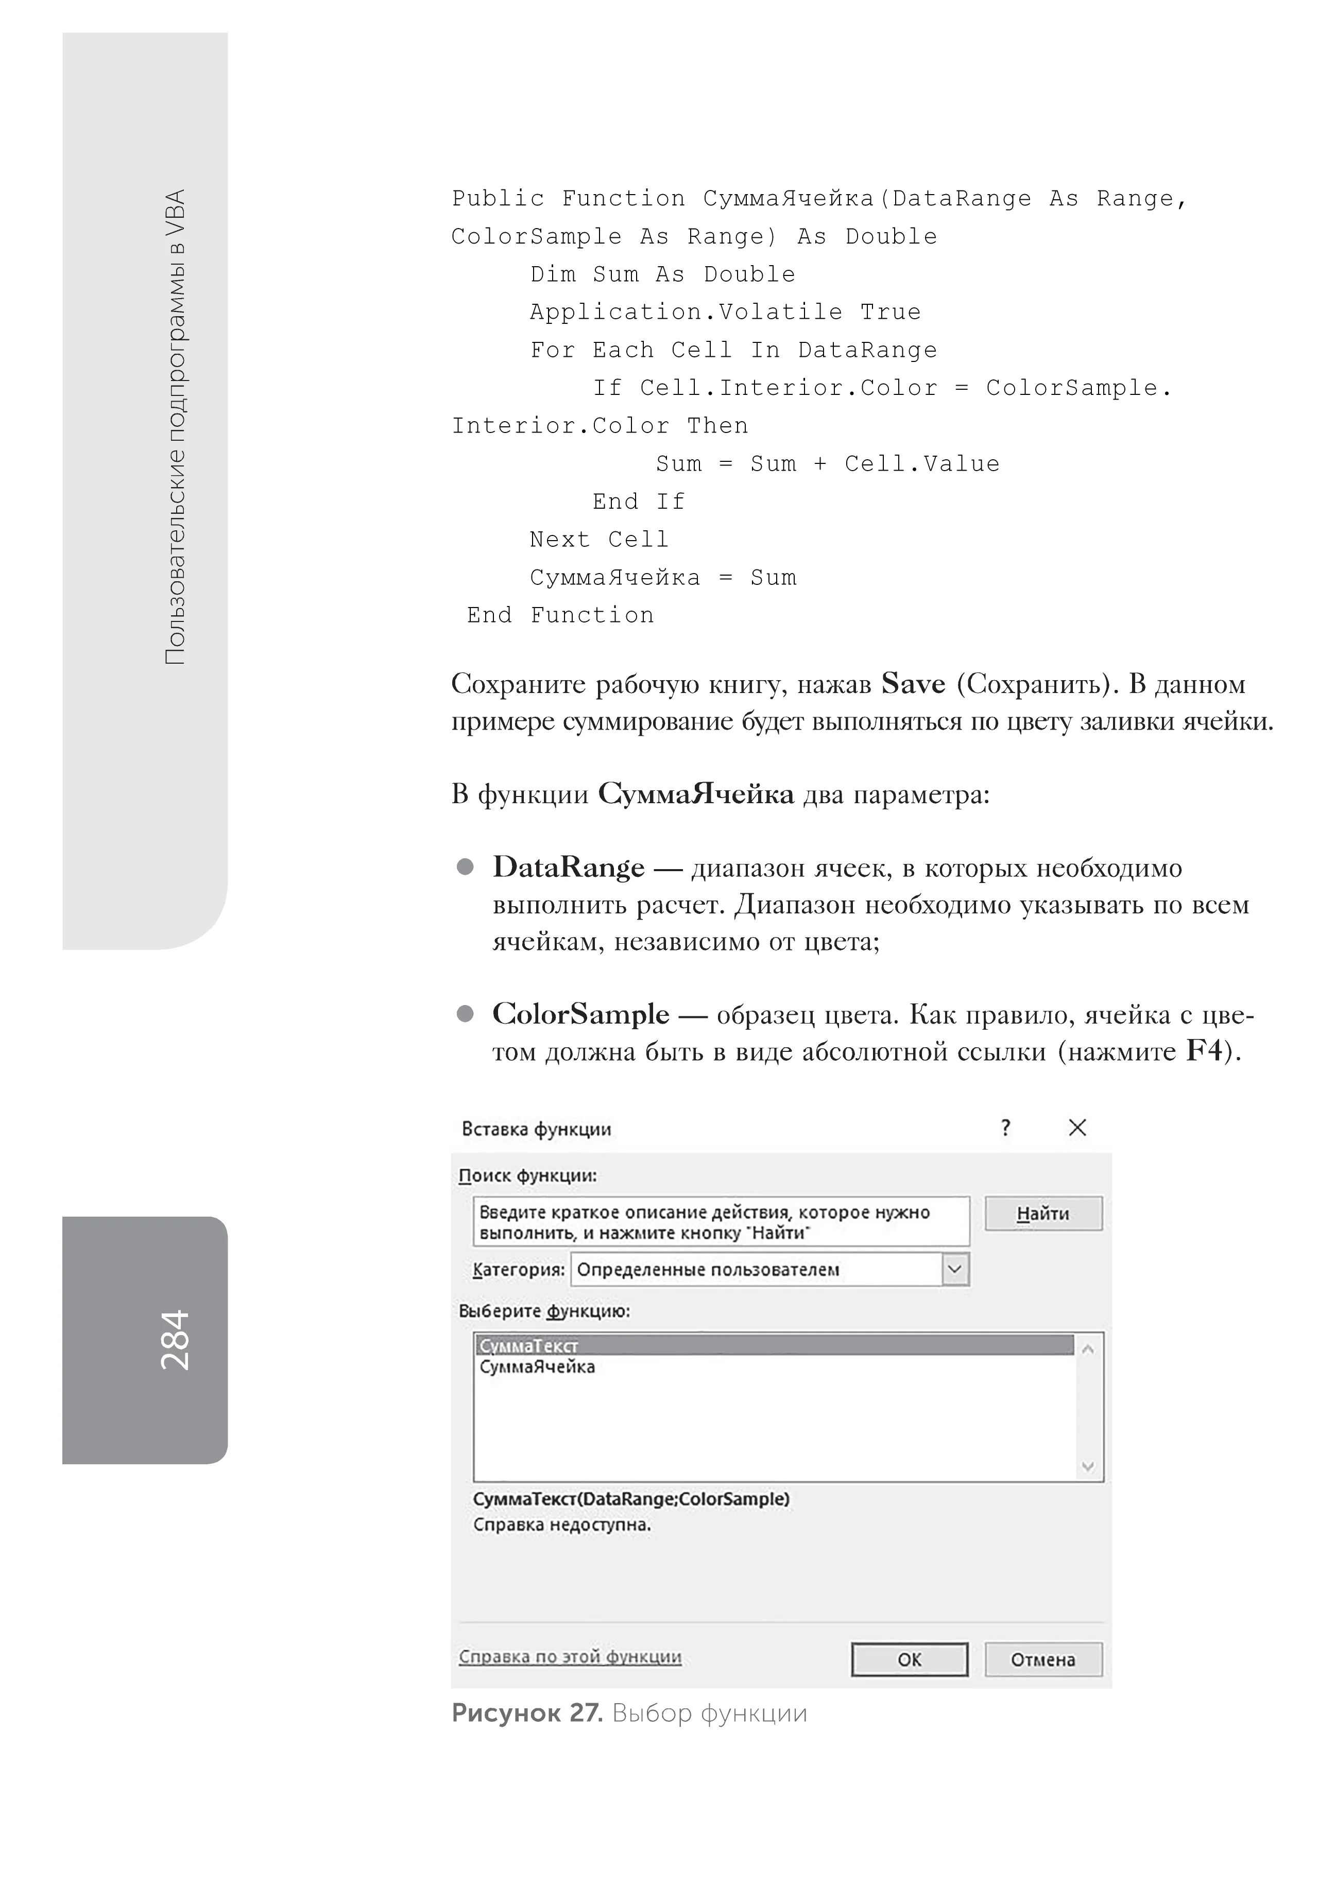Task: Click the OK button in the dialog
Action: click(x=909, y=1659)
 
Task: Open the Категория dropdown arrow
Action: click(x=954, y=1269)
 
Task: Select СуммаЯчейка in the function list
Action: click(x=537, y=1367)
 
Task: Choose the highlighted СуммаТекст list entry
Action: click(x=528, y=1345)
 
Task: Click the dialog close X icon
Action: click(x=1077, y=1128)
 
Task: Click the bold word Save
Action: click(x=913, y=684)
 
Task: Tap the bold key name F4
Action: click(x=1204, y=1051)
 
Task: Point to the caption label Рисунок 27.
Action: click(x=527, y=1713)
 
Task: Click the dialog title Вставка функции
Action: click(x=536, y=1129)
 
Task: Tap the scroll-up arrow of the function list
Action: click(x=1088, y=1348)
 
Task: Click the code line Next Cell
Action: click(x=598, y=540)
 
